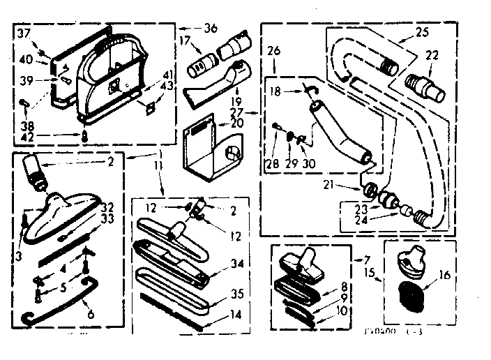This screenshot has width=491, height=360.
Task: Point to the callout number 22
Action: (432, 57)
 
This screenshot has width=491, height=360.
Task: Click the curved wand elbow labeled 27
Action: (338, 133)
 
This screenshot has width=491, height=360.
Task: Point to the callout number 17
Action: (186, 41)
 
